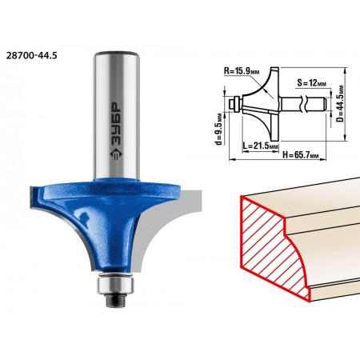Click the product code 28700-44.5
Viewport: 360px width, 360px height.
coord(31,55)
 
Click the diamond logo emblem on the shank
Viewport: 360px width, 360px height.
coord(116,155)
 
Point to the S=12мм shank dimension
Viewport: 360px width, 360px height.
coord(312,83)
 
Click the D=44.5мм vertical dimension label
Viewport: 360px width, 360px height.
coord(340,104)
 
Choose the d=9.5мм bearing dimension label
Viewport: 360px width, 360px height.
coord(219,129)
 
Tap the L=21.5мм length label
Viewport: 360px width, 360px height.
coord(261,146)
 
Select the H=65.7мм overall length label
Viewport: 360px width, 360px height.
coord(301,155)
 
